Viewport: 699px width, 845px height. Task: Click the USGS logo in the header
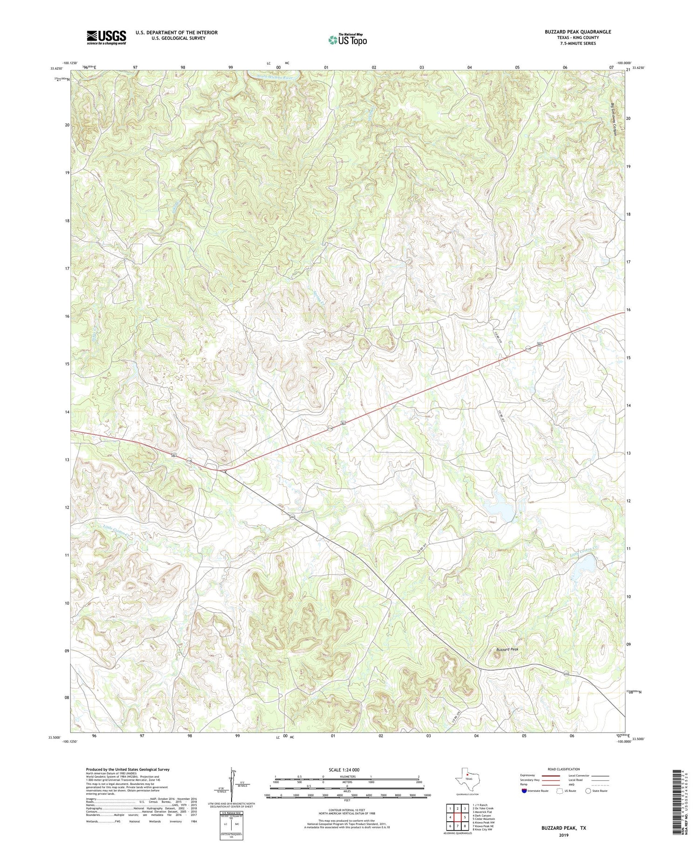click(106, 37)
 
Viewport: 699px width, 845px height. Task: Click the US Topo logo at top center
click(347, 40)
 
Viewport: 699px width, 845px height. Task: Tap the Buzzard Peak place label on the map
click(507, 649)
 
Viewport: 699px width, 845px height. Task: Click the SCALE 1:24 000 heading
click(347, 769)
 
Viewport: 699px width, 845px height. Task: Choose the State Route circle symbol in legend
click(588, 790)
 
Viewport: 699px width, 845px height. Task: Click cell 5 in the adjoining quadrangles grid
click(465, 817)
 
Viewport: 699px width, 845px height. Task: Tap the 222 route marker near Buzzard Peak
click(566, 674)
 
